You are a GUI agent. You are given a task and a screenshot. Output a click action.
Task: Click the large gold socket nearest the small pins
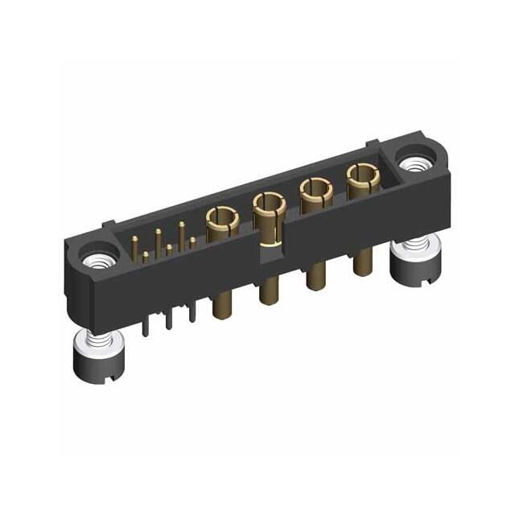click(x=218, y=218)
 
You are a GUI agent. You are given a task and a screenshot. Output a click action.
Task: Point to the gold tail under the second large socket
click(x=266, y=291)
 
